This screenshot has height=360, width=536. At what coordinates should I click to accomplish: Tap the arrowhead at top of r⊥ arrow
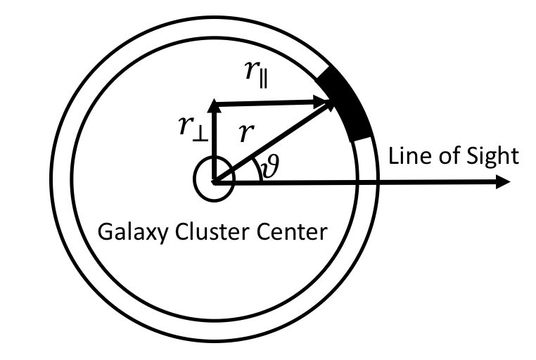213,108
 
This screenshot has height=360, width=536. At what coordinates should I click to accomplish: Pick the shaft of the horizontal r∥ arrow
271,105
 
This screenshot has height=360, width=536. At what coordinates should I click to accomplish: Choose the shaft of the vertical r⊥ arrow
213,144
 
